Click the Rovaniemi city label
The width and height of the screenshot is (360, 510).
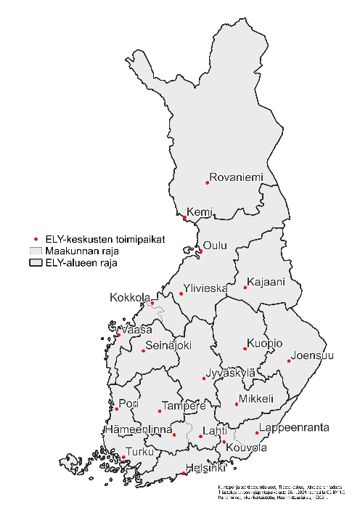pyautogui.click(x=236, y=177)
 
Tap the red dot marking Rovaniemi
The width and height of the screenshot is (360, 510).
pyautogui.click(x=207, y=183)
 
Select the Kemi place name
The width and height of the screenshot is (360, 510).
pyautogui.click(x=200, y=211)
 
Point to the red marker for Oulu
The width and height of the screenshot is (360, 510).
pyautogui.click(x=200, y=251)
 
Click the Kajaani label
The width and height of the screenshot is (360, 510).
pyautogui.click(x=266, y=281)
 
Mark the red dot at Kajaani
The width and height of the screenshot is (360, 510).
pyautogui.click(x=245, y=288)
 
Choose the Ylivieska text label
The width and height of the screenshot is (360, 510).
pyautogui.click(x=206, y=288)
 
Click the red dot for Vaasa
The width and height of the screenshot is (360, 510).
pyautogui.click(x=118, y=335)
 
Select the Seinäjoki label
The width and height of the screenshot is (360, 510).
pyautogui.click(x=168, y=345)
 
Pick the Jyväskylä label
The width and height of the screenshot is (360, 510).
pyautogui.click(x=231, y=373)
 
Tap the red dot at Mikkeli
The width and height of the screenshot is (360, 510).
pyautogui.click(x=237, y=404)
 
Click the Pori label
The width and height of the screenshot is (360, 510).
pyautogui.click(x=128, y=403)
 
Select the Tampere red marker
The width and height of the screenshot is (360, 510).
pyautogui.click(x=160, y=412)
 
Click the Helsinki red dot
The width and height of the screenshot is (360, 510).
pyautogui.click(x=186, y=474)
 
